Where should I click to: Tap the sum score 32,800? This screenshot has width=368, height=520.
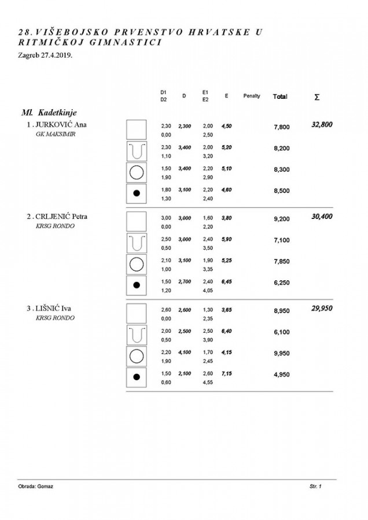[322, 124]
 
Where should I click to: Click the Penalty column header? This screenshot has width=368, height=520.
[252, 96]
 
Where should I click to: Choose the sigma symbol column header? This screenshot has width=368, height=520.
[317, 97]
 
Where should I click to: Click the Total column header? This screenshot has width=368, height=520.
[280, 96]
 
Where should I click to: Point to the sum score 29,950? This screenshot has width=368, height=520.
[322, 309]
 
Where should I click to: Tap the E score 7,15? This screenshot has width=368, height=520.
[226, 374]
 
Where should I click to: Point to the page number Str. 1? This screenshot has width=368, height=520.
[315, 486]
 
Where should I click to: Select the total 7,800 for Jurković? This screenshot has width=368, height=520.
[281, 127]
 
